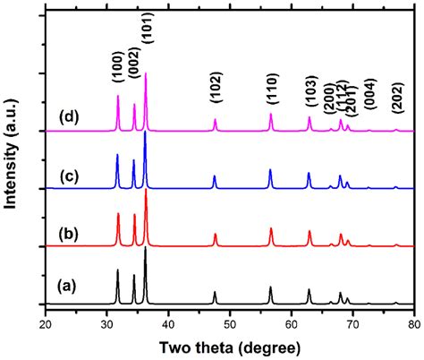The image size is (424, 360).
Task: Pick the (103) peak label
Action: (309, 92)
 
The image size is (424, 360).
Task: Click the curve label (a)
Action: (65, 287)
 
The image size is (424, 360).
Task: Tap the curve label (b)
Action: (65, 234)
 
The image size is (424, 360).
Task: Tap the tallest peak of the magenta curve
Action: (146, 75)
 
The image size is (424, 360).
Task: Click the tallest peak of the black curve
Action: (146, 249)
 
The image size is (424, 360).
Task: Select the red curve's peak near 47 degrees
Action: (215, 235)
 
